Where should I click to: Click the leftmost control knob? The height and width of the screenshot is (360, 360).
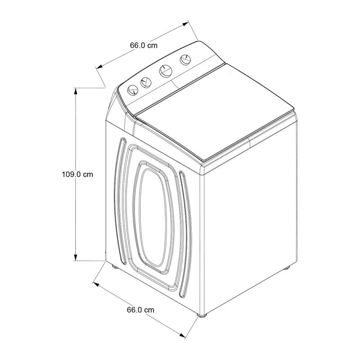click(133, 90)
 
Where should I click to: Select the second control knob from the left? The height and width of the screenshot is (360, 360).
click(146, 82)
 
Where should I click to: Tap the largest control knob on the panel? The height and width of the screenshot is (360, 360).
click(166, 71)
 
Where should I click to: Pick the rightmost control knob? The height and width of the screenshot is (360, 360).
click(185, 60)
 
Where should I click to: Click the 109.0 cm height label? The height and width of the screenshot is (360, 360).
click(77, 174)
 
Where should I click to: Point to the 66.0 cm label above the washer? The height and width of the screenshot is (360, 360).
click(144, 45)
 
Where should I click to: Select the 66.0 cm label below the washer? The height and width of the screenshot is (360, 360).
click(140, 310)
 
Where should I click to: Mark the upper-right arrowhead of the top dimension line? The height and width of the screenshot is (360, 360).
click(185, 24)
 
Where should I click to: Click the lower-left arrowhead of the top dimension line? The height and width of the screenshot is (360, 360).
click(99, 67)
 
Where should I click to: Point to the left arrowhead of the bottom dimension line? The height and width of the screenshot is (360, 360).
click(96, 284)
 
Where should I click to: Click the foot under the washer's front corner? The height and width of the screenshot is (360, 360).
click(202, 315)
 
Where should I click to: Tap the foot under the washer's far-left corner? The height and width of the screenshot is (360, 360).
click(115, 267)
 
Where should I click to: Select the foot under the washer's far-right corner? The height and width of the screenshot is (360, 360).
click(286, 268)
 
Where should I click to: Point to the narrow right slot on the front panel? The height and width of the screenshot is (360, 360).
click(185, 234)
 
